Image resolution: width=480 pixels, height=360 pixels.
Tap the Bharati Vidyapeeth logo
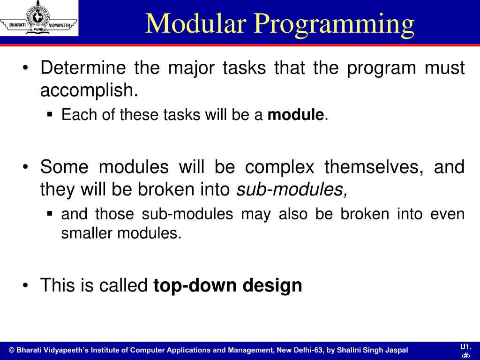(38, 18)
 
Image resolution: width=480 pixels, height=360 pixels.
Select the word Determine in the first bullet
(83, 68)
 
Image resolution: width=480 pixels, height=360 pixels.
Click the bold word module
(295, 115)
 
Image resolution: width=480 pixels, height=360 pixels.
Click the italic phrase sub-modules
(292, 189)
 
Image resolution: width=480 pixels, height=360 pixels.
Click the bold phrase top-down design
(228, 285)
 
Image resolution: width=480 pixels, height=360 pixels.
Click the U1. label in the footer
(465, 346)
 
